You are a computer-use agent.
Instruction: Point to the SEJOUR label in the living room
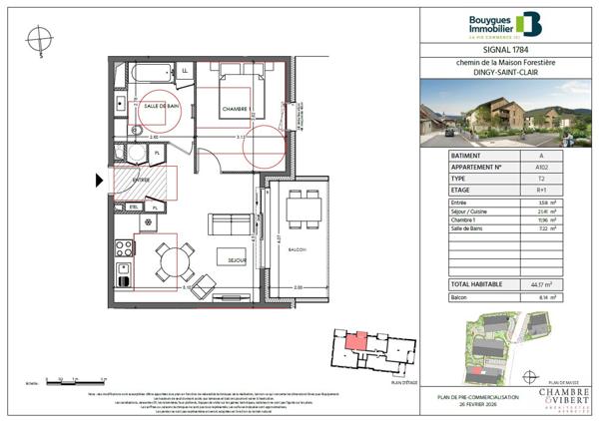(x=236, y=257)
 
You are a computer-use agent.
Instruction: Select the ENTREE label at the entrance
(x=127, y=180)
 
